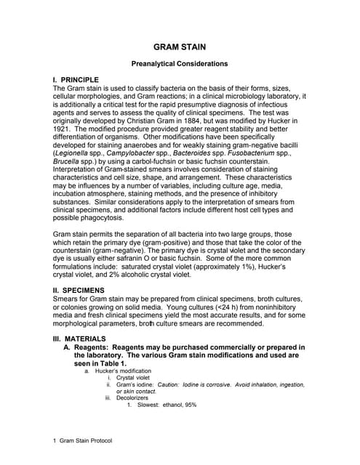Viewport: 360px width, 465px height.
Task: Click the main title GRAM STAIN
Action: tap(180, 47)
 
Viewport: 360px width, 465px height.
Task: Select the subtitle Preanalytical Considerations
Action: tap(180, 64)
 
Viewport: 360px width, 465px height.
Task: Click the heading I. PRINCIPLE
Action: tap(81, 79)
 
